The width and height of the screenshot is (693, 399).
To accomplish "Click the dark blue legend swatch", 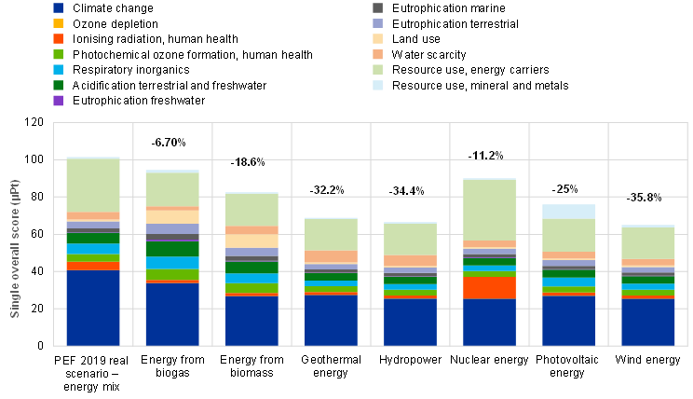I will [58, 8].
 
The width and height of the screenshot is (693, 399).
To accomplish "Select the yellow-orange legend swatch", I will [58, 23].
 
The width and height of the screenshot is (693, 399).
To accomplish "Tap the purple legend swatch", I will [58, 101].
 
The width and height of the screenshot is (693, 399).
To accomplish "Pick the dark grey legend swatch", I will [377, 8].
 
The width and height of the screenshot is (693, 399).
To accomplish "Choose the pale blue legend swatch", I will [377, 85].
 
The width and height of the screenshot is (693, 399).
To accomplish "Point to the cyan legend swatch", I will [58, 70].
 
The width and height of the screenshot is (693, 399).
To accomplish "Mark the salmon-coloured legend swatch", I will [377, 54].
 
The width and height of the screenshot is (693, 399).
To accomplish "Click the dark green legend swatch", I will [58, 85].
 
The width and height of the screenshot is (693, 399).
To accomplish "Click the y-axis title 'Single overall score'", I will [15, 248].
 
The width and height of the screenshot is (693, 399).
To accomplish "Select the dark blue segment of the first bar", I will [93, 308].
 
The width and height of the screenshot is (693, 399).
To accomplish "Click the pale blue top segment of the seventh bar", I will [569, 212].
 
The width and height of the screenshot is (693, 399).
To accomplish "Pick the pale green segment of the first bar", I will [93, 186].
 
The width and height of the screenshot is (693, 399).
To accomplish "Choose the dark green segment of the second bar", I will [172, 250].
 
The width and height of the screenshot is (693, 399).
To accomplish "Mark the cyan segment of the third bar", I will [251, 278].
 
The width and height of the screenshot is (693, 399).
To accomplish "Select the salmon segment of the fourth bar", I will [331, 256].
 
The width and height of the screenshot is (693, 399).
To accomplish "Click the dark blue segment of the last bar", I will [648, 322].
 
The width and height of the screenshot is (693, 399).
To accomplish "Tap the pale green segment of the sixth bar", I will [490, 210].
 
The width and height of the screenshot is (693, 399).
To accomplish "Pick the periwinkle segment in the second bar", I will [172, 228].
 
